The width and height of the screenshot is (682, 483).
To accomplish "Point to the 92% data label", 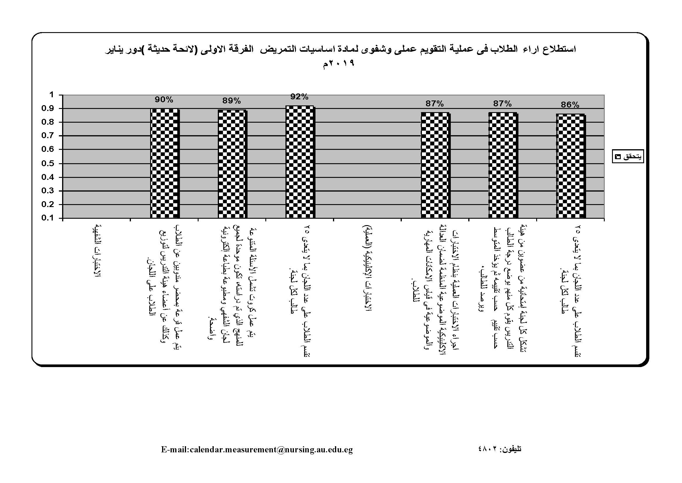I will pyautogui.click(x=299, y=97).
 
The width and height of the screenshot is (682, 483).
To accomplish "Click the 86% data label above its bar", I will pyautogui.click(x=570, y=105).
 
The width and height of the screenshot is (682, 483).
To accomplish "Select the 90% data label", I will pyautogui.click(x=164, y=100).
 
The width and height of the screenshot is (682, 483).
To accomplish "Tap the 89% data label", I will pyautogui.click(x=232, y=101).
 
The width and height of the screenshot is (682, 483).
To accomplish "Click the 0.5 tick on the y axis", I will pyautogui.click(x=48, y=163).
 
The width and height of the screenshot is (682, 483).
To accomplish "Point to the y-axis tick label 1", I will pyautogui.click(x=52, y=95).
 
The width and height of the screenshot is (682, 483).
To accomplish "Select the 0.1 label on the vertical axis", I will pyautogui.click(x=48, y=218).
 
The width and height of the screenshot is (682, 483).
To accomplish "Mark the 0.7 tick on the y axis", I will pyautogui.click(x=48, y=135).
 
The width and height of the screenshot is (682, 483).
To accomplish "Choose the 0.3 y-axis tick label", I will pyautogui.click(x=48, y=191).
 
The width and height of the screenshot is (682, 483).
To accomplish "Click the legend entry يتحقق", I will pyautogui.click(x=628, y=157).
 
